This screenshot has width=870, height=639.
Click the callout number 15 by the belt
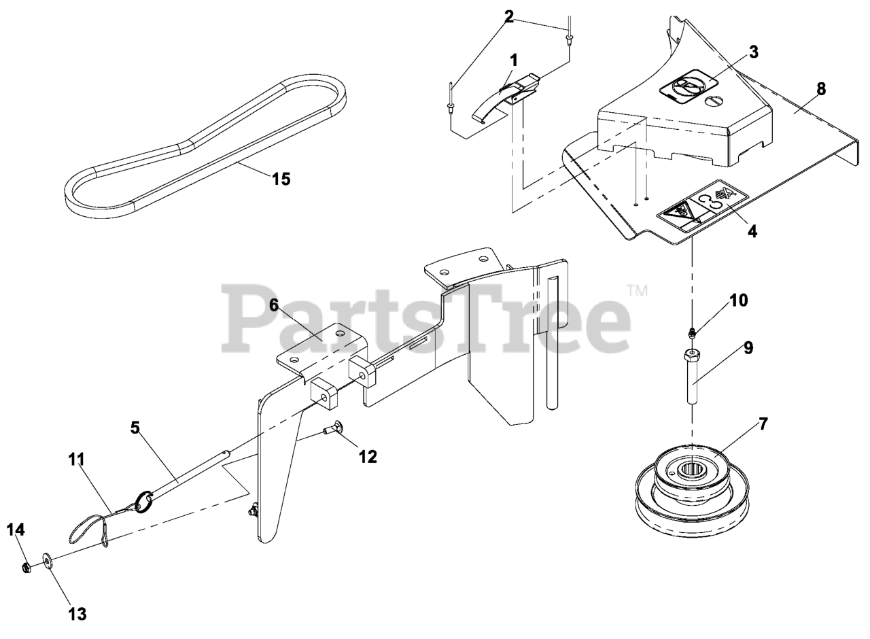(281, 179)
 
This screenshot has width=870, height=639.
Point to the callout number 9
(748, 348)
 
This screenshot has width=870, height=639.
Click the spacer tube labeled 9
(692, 377)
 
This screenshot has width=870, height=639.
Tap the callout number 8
(821, 89)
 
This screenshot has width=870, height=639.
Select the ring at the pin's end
(143, 502)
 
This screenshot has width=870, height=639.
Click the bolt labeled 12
(333, 428)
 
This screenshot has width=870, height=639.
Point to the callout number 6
(274, 305)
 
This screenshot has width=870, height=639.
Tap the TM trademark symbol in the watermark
(638, 290)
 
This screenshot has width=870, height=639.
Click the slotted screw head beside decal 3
(714, 101)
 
